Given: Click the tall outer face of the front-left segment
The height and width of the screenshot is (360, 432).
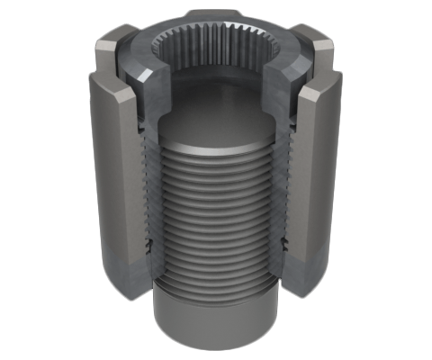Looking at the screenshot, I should [x=112, y=180].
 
